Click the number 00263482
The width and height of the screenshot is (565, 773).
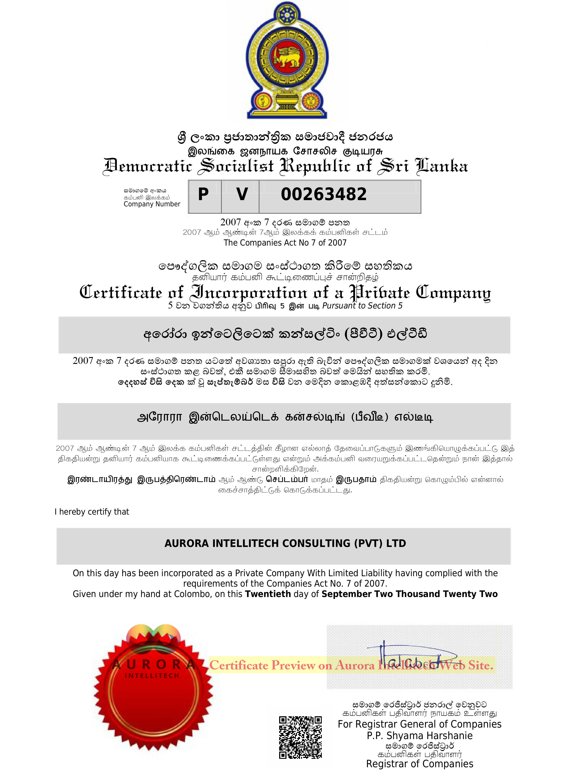[x=324, y=194]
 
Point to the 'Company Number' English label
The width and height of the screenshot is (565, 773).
[x=152, y=204]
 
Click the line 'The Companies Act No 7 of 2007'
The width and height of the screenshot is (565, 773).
[x=285, y=243]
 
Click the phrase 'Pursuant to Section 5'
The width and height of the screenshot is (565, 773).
[x=362, y=306]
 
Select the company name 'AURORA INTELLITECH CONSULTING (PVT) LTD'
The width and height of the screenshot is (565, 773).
[x=285, y=543]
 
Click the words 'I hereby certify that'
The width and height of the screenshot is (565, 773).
[x=92, y=511]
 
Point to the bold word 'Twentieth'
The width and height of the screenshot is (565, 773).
[x=268, y=594]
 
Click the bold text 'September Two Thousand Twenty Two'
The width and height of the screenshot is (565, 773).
[x=409, y=594]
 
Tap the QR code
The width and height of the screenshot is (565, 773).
[x=300, y=738]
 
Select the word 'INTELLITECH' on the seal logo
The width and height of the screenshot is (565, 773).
[x=152, y=676]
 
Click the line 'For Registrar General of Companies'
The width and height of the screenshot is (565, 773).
[x=420, y=724]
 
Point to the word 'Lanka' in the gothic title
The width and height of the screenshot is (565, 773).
[x=441, y=166]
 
